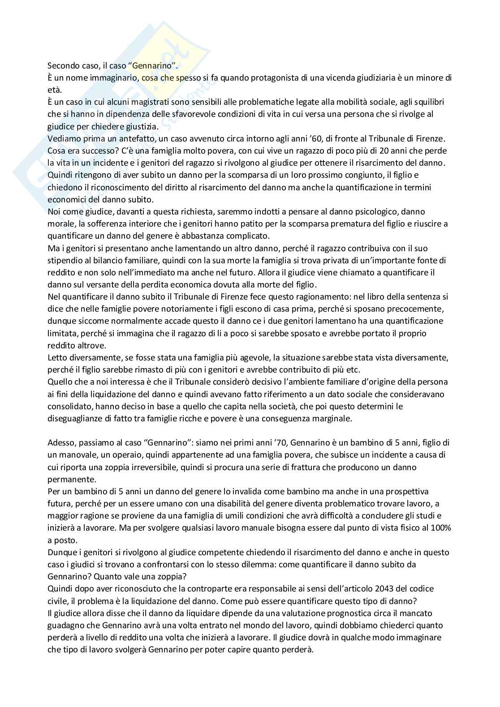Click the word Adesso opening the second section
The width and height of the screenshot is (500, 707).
[x=61, y=443]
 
